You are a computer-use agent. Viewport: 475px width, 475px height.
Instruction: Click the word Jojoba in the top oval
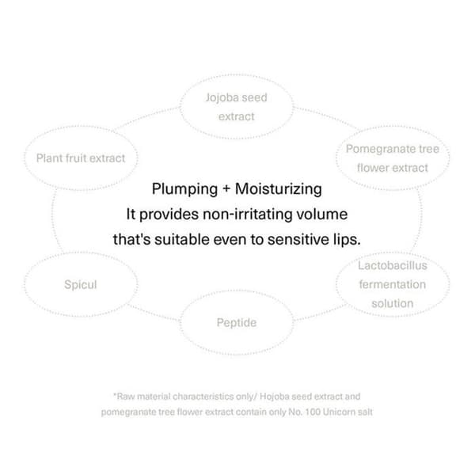click(221, 98)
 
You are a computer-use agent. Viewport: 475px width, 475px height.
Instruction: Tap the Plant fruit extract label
click(81, 158)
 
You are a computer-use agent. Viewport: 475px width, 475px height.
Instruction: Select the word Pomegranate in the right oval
click(381, 149)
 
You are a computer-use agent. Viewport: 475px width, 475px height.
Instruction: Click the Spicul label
click(81, 285)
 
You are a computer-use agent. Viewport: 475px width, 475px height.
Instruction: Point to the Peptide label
click(237, 323)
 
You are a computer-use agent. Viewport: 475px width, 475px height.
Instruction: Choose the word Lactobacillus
click(393, 266)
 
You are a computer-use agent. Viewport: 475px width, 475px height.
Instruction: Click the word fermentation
click(393, 284)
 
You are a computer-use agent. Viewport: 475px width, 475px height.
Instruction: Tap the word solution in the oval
click(393, 303)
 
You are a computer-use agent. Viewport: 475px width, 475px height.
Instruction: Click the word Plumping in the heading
click(184, 189)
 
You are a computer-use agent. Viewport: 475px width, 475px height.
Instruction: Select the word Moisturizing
click(279, 189)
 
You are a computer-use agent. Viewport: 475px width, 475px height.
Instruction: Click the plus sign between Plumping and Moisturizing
click(226, 189)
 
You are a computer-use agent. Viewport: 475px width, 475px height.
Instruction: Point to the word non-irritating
click(247, 215)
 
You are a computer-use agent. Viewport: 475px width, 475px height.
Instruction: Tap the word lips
click(347, 240)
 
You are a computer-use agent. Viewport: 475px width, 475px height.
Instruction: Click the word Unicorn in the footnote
click(337, 412)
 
